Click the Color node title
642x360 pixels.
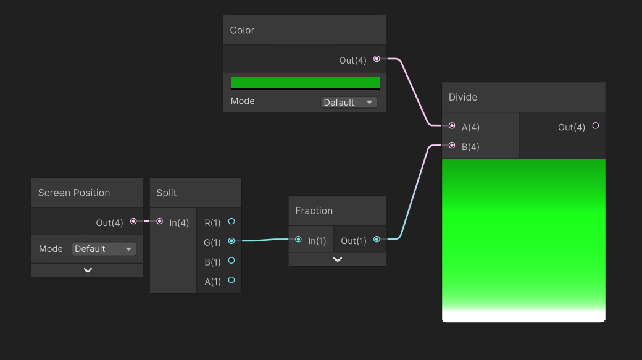pyautogui.click(x=242, y=30)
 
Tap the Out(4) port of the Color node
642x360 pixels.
pyautogui.click(x=377, y=59)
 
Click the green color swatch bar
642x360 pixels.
pyautogui.click(x=305, y=83)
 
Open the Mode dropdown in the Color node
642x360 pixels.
pyautogui.click(x=348, y=103)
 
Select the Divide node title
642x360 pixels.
pyautogui.click(x=462, y=98)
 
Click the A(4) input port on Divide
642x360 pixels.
pyautogui.click(x=452, y=126)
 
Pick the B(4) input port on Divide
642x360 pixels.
pyautogui.click(x=452, y=145)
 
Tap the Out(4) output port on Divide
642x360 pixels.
pyautogui.click(x=595, y=126)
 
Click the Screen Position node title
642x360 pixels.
pyautogui.click(x=74, y=193)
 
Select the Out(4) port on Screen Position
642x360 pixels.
pyautogui.click(x=133, y=222)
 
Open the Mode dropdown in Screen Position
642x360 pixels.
pyautogui.click(x=104, y=249)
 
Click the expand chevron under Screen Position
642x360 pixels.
pyautogui.click(x=88, y=270)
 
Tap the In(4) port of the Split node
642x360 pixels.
pyautogui.click(x=160, y=222)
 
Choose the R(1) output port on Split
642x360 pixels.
pyautogui.click(x=231, y=222)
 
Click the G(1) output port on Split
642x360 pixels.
pyautogui.click(x=231, y=241)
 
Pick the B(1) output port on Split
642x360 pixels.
pyautogui.click(x=231, y=261)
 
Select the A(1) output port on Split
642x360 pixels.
pyautogui.click(x=231, y=280)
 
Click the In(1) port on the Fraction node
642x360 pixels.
pyautogui.click(x=299, y=239)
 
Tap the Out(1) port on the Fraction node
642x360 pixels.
pyautogui.click(x=377, y=239)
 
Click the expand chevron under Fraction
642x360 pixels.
pyautogui.click(x=338, y=259)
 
